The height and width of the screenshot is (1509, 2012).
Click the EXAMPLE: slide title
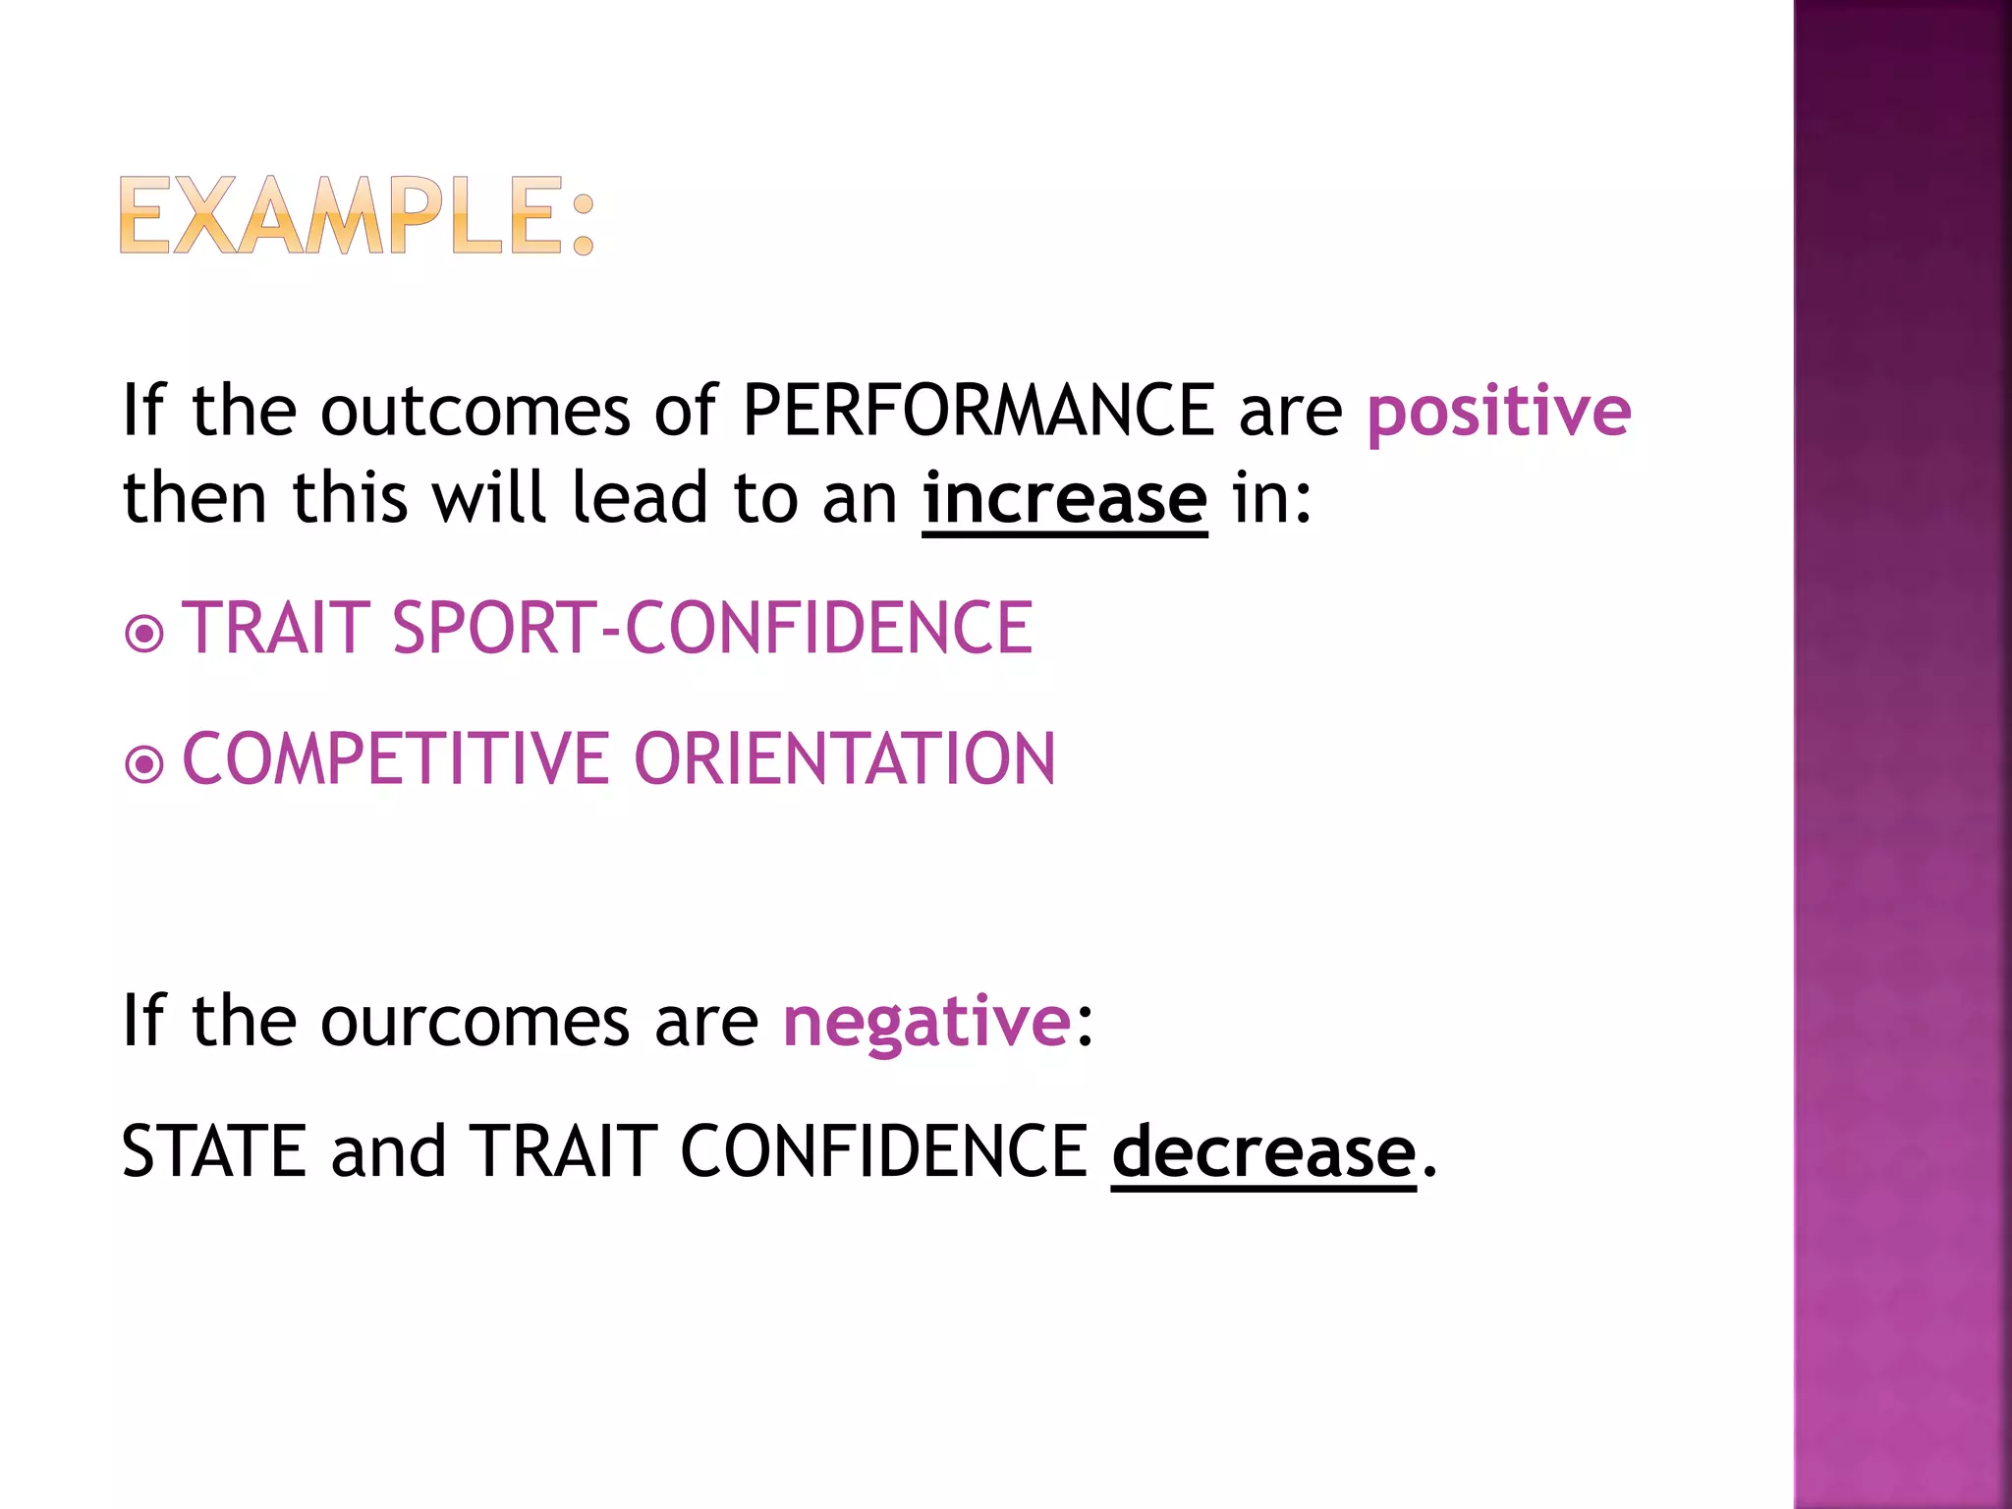point(357,216)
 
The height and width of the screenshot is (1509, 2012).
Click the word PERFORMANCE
point(978,410)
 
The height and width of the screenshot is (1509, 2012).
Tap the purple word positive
point(1498,412)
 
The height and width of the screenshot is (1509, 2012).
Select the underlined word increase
point(1064,499)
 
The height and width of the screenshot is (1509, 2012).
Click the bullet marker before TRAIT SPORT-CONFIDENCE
point(144,634)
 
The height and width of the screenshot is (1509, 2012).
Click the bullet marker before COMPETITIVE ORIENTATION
point(144,763)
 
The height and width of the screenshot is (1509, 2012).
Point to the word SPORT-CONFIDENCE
point(712,628)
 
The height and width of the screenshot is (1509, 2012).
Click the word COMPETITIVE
point(396,759)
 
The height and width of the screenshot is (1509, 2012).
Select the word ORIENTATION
point(845,759)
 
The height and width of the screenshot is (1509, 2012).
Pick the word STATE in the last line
point(214,1151)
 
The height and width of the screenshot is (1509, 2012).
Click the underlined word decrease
point(1263,1151)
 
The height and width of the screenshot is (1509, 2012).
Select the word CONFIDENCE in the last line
point(883,1151)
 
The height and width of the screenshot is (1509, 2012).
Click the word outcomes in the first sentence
point(475,411)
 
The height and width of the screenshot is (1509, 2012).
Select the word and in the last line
point(388,1151)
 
